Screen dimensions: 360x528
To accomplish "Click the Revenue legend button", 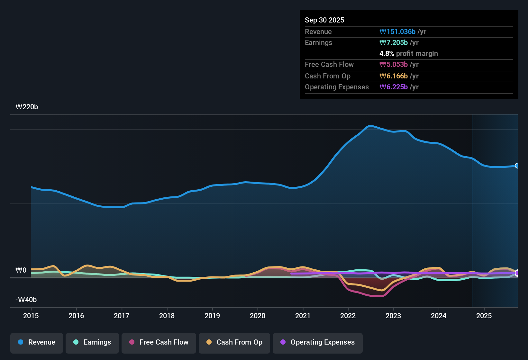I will click(37, 342).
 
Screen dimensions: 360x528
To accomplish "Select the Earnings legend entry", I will click(92, 342).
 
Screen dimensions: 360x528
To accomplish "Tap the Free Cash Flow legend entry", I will click(159, 342).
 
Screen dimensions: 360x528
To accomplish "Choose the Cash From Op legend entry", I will click(234, 342).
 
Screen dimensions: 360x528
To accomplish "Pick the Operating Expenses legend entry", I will click(318, 342).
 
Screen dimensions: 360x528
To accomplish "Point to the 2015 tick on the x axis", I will click(31, 316).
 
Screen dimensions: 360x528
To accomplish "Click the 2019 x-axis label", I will click(212, 316).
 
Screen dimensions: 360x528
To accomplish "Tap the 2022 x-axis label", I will click(348, 316).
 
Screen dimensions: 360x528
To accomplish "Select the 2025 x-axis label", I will click(484, 316).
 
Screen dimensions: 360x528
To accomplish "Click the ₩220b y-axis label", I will click(27, 107).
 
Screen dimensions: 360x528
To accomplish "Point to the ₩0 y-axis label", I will click(21, 270).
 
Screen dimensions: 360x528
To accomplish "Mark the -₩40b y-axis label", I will click(26, 300).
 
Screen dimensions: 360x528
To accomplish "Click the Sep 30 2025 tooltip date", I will click(324, 20).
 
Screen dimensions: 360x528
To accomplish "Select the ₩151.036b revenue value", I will click(397, 32).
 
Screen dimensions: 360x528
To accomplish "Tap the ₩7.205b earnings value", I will click(394, 43).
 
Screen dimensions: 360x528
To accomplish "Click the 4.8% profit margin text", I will click(408, 54).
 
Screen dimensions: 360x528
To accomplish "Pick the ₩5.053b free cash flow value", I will click(394, 65).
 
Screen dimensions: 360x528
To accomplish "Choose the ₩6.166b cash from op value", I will click(394, 76).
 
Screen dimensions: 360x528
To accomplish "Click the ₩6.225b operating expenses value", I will click(394, 87).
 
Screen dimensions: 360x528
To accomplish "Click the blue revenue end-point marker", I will click(517, 166).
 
